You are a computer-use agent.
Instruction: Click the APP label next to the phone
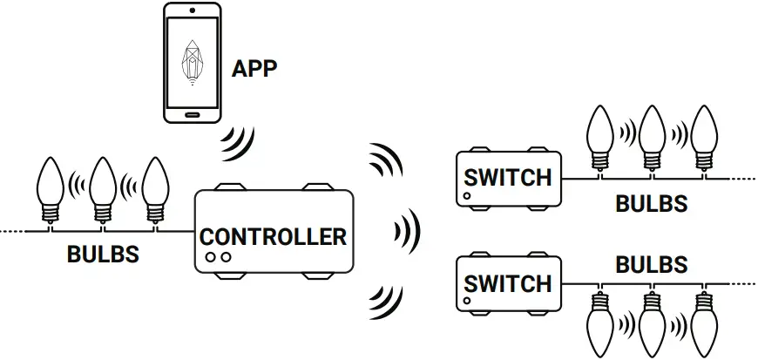[x=254, y=69]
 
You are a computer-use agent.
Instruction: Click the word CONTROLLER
[x=273, y=236]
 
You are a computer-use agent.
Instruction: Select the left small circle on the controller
[x=211, y=257]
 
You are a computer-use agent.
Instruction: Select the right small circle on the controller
[x=226, y=257]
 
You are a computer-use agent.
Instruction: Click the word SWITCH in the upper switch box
[x=508, y=177]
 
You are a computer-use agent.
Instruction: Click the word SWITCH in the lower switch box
[x=508, y=283]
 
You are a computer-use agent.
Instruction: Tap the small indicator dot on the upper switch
[x=468, y=197]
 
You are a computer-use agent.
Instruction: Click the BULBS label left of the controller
[x=103, y=255]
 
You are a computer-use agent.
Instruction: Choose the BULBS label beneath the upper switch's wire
[x=652, y=204]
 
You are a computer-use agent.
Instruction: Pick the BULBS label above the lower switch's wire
[x=652, y=263]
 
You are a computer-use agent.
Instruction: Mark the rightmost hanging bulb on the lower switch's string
[x=704, y=323]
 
